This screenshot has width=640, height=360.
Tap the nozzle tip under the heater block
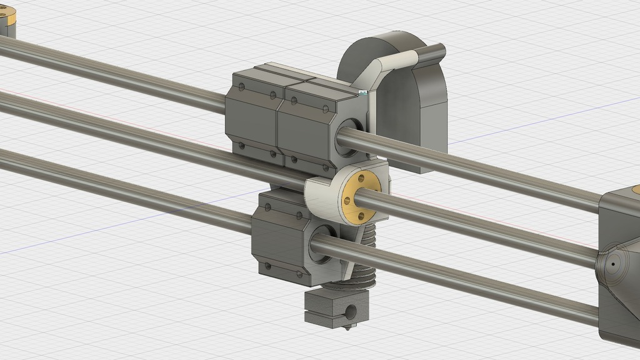click(347, 326)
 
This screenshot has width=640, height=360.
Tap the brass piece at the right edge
click(635, 189)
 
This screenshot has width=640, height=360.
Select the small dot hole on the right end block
click(613, 264)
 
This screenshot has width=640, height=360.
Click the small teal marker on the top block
click(363, 92)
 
